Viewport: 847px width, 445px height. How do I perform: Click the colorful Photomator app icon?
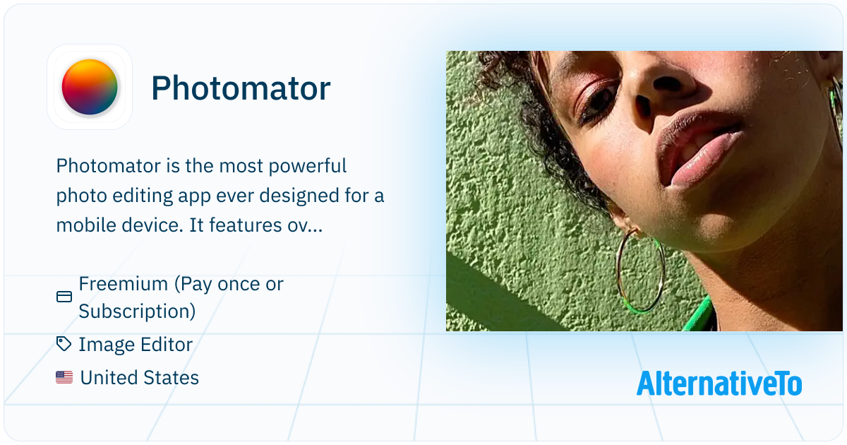click(x=90, y=87)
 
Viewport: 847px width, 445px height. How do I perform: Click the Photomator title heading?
click(x=241, y=88)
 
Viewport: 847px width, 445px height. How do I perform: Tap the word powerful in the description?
click(x=308, y=166)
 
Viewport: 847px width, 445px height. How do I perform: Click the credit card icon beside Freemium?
click(x=64, y=297)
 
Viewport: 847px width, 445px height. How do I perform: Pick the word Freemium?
click(x=124, y=284)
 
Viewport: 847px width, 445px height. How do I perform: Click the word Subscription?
click(x=137, y=311)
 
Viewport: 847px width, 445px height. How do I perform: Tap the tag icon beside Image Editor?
click(x=64, y=344)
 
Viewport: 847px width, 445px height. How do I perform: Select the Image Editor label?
click(x=136, y=345)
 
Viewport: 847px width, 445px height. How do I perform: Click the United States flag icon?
click(x=64, y=377)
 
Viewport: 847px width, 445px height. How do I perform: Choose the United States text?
click(x=140, y=378)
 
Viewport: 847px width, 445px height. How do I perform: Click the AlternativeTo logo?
click(x=719, y=384)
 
